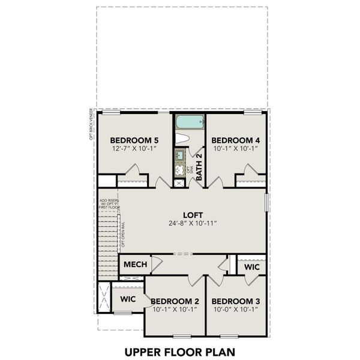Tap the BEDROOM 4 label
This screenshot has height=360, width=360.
point(236,140)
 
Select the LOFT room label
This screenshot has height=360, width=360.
point(193,215)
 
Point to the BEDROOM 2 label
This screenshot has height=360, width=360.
point(175,301)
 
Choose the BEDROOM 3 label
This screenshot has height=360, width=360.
point(236,301)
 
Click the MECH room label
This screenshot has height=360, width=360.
point(133,265)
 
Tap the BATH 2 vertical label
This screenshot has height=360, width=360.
point(199,167)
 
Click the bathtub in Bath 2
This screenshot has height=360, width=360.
point(190,122)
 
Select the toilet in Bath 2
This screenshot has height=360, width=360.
point(182,138)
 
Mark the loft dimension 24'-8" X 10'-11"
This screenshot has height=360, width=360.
point(193,224)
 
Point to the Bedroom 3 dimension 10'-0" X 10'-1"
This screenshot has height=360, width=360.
point(236,310)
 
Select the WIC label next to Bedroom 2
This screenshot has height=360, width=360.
point(127,298)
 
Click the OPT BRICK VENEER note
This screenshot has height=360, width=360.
point(91,124)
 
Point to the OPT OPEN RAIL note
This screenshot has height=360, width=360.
point(123,236)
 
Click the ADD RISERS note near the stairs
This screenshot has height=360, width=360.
point(110,203)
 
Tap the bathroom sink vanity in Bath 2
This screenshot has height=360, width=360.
point(179,162)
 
